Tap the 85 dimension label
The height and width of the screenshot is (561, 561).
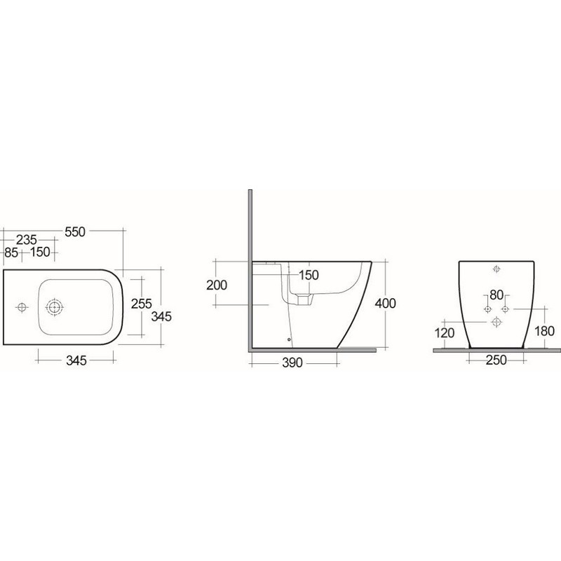tap(11, 252)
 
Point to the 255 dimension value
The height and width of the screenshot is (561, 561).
tap(142, 303)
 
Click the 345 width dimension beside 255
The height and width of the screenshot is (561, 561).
tap(161, 316)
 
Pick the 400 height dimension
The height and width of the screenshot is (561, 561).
tap(386, 304)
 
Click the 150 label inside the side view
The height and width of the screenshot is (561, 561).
tap(309, 274)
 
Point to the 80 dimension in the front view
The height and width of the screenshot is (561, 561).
tap(496, 295)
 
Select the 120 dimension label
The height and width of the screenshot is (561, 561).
tap(444, 332)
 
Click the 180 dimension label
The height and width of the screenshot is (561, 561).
tap(544, 332)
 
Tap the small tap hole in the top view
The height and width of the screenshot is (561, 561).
tap(22, 306)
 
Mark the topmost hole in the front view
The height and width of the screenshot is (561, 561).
tap(496, 269)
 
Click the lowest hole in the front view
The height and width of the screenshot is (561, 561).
tap(496, 321)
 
